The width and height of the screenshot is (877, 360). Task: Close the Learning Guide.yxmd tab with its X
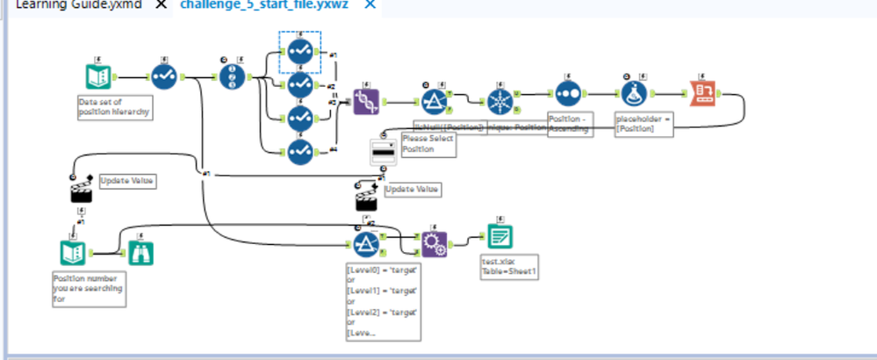click(161, 4)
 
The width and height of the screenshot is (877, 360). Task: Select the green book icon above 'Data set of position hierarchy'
click(98, 77)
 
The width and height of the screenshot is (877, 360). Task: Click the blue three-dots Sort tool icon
click(568, 92)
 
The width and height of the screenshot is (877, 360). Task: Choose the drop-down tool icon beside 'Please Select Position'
click(385, 151)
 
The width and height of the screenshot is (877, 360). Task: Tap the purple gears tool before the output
click(434, 242)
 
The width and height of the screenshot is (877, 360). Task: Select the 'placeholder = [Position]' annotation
click(643, 123)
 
